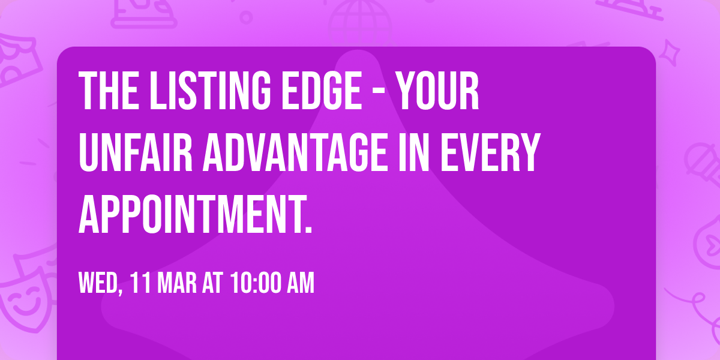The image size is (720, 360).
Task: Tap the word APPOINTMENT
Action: pyautogui.click(x=195, y=215)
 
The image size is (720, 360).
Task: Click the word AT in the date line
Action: pyautogui.click(x=212, y=283)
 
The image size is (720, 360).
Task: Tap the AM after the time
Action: pyautogui.click(x=300, y=283)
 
